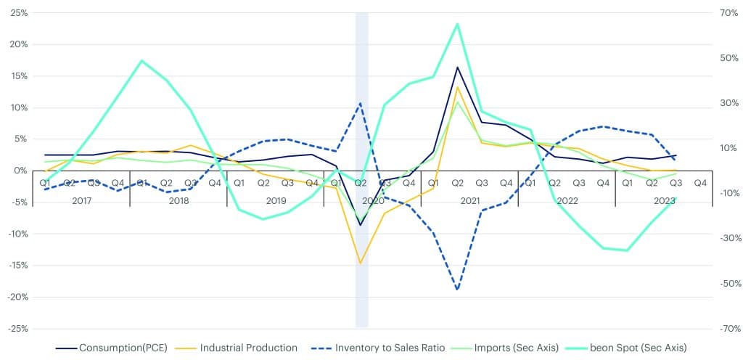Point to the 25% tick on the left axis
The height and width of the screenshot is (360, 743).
pos(18,13)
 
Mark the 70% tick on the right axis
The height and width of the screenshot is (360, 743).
pos(728,13)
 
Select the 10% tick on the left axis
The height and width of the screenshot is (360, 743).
pos(18,107)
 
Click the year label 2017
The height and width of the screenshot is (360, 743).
pos(81,200)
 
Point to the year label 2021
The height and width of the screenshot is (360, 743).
pos(469,200)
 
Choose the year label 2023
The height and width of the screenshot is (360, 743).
pos(664,200)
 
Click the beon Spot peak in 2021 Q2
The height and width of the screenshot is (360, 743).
pos(457,24)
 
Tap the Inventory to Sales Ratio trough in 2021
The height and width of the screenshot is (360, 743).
pos(457,290)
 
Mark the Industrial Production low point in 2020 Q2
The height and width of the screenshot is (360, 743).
pos(360,263)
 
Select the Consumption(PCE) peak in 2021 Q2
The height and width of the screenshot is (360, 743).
pos(457,67)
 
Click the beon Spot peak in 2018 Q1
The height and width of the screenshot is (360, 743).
pos(142,60)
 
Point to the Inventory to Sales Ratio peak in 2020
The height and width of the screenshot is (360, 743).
pos(360,103)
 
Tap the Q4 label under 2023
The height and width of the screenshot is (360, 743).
pos(700,183)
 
